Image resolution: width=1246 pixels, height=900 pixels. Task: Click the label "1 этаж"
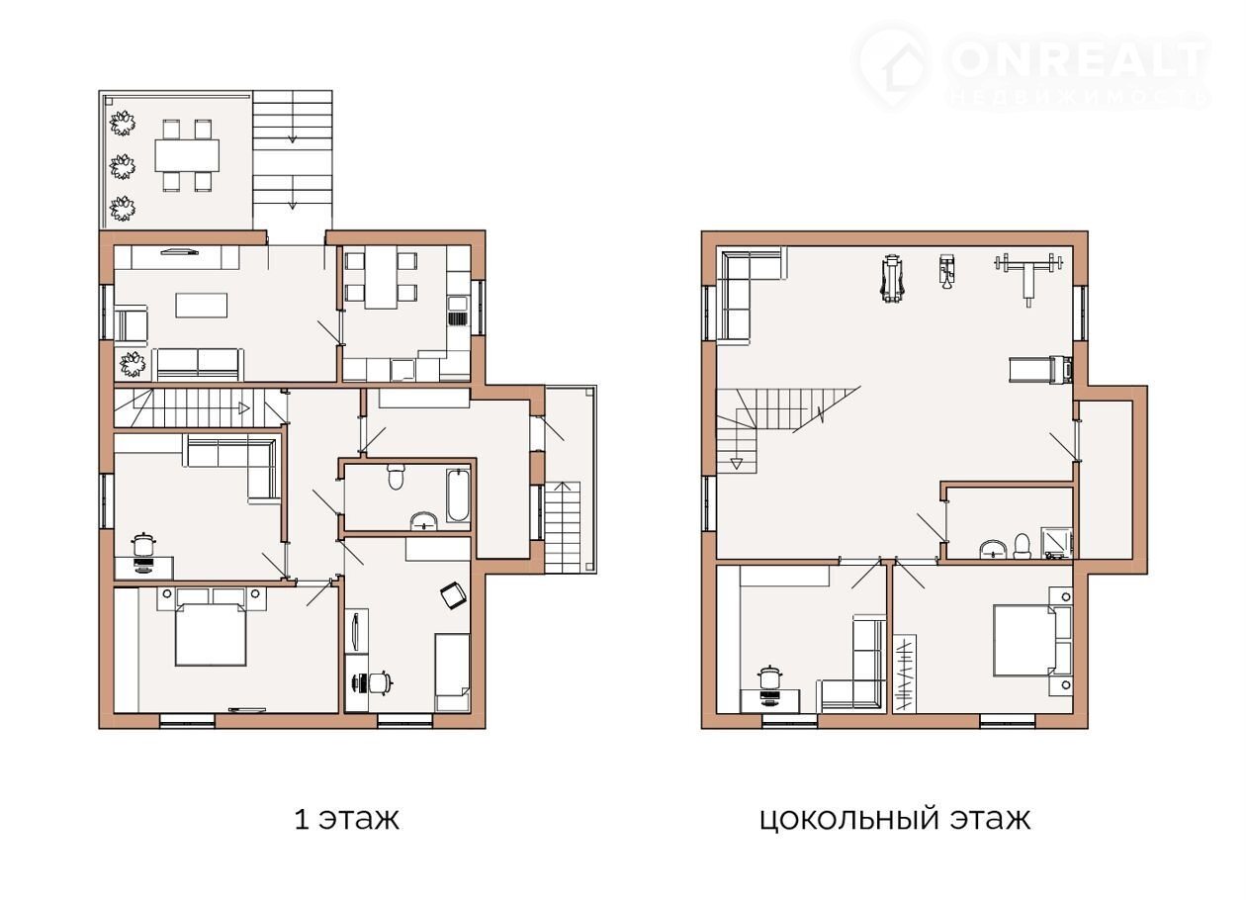pyautogui.click(x=346, y=819)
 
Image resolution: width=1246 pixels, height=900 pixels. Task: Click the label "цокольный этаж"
pyautogui.click(x=895, y=820)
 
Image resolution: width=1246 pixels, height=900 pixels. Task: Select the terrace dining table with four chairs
pyautogui.click(x=187, y=155)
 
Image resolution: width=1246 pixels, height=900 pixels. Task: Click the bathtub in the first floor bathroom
pyautogui.click(x=459, y=495)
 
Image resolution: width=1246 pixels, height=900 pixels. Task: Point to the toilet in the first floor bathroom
pyautogui.click(x=396, y=476)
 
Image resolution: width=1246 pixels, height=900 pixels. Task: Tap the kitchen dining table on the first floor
pyautogui.click(x=381, y=277)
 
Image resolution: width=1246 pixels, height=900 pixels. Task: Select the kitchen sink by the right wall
pyautogui.click(x=459, y=312)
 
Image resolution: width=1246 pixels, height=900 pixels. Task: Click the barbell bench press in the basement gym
pyautogui.click(x=1028, y=277)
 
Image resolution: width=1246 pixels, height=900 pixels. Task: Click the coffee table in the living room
pyautogui.click(x=202, y=306)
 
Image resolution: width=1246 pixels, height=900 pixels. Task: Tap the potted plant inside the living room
pyautogui.click(x=133, y=364)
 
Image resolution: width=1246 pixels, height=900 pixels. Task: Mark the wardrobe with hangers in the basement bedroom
pyautogui.click(x=904, y=674)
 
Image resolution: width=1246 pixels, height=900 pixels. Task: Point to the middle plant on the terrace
pyautogui.click(x=123, y=166)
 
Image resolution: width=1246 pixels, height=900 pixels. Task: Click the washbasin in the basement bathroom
pyautogui.click(x=993, y=549)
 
